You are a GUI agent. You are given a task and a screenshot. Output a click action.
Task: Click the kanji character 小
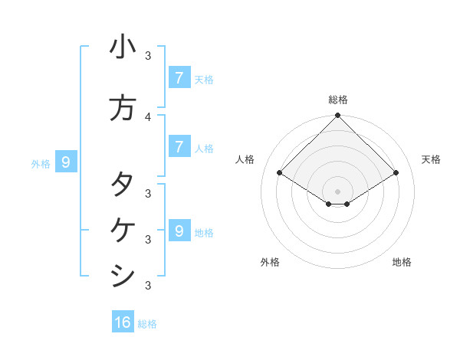point(123,47)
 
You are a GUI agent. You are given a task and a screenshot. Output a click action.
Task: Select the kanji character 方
point(123,108)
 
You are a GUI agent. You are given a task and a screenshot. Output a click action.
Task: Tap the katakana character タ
point(123,184)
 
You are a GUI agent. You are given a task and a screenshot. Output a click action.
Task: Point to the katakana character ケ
point(123,229)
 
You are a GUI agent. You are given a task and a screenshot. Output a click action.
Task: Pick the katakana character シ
point(123,275)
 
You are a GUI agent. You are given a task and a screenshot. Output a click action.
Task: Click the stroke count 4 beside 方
point(148,116)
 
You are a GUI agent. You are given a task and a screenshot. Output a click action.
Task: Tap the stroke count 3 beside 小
point(148,56)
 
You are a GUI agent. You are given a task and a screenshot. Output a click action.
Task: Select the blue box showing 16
point(123,322)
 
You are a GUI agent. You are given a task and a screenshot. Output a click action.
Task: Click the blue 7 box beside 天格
point(179,77)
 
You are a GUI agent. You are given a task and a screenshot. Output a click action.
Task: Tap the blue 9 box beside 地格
point(179,231)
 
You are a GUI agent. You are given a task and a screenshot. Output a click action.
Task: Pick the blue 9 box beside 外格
point(66,162)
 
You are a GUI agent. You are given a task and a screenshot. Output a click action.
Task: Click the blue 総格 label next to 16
point(147,324)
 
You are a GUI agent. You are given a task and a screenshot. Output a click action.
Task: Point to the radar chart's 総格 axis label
point(337,100)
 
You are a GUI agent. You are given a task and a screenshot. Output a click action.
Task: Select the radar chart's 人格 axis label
point(245,159)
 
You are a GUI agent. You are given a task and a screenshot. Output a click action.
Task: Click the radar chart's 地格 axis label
point(402,262)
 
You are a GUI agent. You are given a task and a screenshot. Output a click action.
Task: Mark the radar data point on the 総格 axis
point(337,116)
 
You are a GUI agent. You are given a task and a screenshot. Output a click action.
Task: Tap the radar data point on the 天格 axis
point(396,173)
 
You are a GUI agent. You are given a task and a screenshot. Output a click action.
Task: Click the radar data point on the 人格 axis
point(280,173)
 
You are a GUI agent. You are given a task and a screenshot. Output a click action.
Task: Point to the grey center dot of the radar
point(337,191)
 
